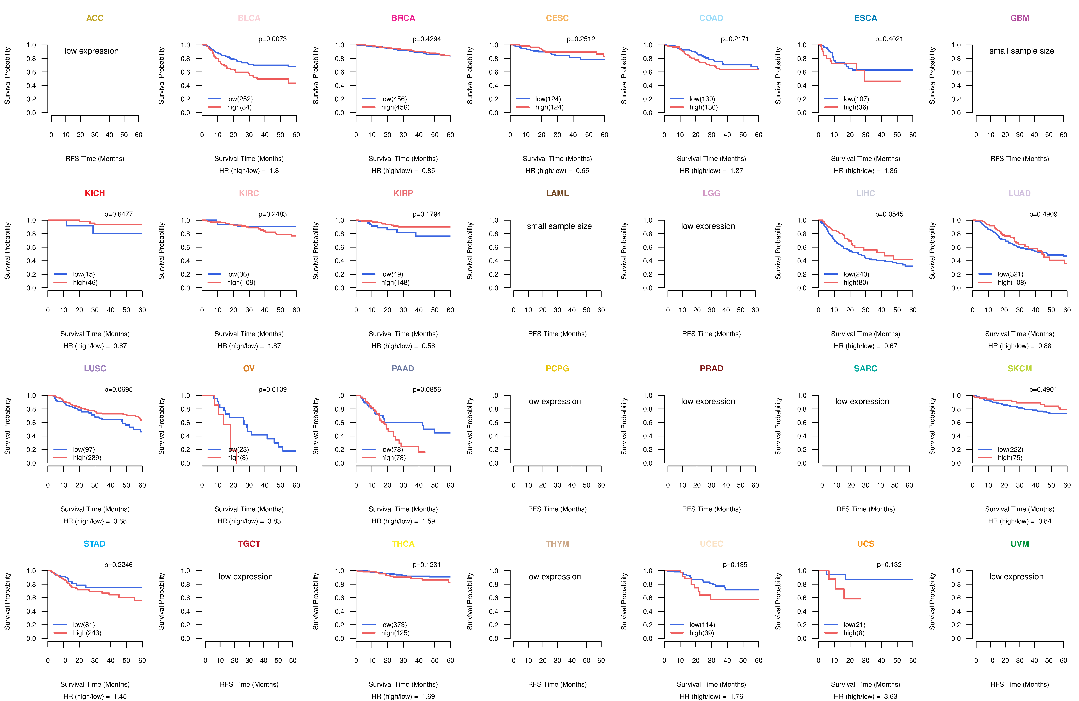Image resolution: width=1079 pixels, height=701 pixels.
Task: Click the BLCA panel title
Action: [249, 18]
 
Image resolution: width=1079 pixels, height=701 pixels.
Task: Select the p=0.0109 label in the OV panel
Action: [272, 389]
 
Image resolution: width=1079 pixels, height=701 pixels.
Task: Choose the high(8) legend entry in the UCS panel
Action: [854, 633]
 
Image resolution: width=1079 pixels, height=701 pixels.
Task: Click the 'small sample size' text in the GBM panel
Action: [1021, 51]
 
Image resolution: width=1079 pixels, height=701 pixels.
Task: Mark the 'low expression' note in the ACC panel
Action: [92, 51]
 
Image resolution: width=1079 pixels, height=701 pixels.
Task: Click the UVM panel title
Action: [1020, 544]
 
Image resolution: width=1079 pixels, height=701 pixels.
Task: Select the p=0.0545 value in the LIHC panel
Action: [889, 214]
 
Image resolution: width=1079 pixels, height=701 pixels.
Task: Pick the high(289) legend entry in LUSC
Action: [87, 458]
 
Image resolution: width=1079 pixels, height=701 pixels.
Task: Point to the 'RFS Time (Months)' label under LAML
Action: [557, 334]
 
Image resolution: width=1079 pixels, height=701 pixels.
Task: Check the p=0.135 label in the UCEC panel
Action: [735, 565]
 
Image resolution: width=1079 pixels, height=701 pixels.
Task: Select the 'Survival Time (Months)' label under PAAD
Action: [403, 509]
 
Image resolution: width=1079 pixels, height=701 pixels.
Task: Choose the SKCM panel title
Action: [1020, 368]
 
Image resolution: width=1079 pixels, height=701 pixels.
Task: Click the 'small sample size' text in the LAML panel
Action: [559, 226]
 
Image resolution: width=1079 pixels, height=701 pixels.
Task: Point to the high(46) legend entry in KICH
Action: [85, 282]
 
